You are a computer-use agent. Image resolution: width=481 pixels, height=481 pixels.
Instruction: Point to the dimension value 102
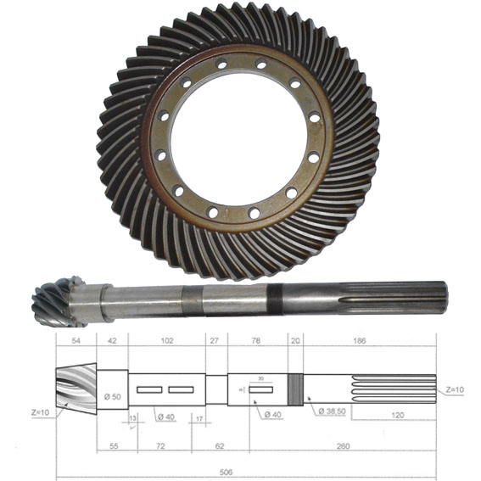166,341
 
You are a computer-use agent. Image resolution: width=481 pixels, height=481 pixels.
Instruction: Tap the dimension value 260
342,444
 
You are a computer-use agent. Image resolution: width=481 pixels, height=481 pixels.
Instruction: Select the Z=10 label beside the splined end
455,389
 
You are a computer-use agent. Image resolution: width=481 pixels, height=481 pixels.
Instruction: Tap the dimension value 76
256,341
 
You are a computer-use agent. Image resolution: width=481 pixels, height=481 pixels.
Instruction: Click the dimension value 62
220,444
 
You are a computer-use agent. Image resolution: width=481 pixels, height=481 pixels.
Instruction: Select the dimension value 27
214,341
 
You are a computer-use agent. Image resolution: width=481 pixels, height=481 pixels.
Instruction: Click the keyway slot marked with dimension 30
260,389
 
